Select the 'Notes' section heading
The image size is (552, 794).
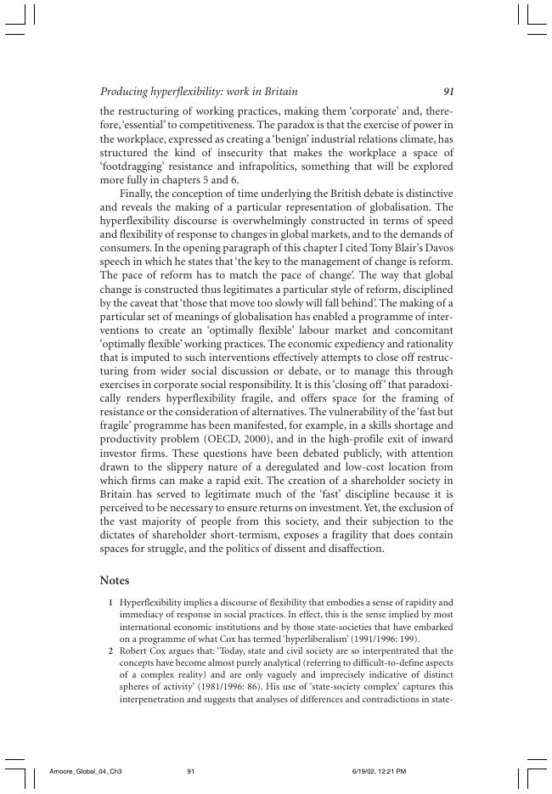point(114,580)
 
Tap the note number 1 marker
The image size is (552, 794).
point(111,602)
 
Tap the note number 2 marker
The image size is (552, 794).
point(111,651)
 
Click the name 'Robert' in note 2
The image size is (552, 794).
point(135,651)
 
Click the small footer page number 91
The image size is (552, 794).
point(191,771)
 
